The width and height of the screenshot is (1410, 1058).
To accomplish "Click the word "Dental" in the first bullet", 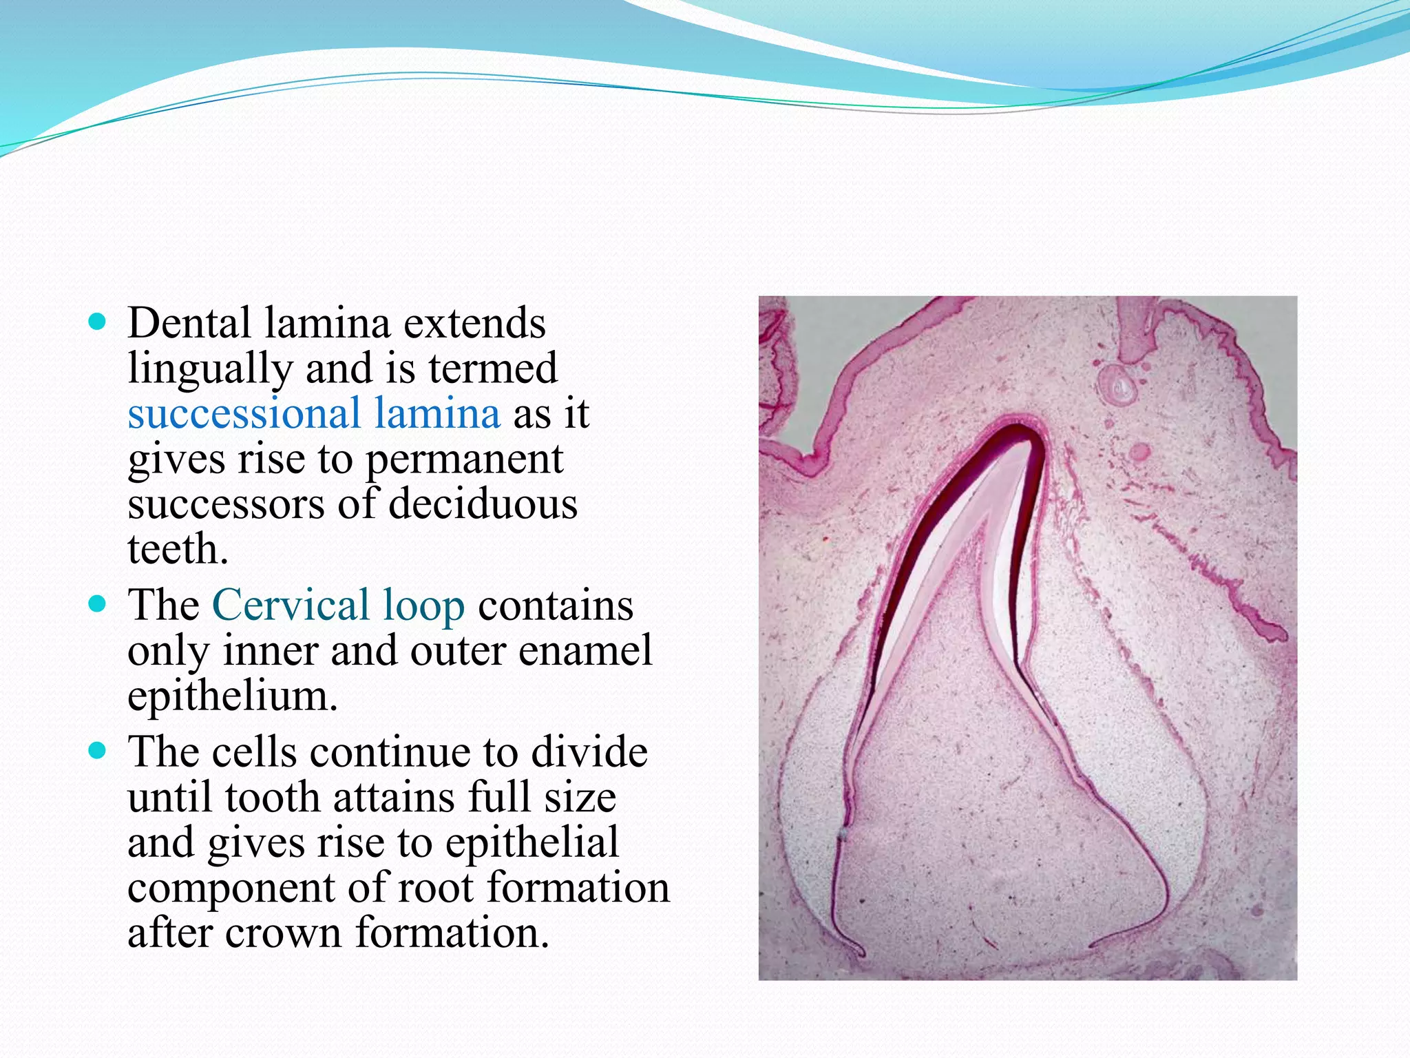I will click(189, 324).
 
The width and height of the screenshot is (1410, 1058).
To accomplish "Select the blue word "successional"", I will click(244, 415).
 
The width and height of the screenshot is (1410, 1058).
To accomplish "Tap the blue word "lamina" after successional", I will click(437, 413).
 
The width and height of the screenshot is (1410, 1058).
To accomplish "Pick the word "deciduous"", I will click(483, 504).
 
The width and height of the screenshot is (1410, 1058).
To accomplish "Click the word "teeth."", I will click(178, 550).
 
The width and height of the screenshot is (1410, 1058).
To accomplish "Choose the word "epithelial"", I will click(532, 843).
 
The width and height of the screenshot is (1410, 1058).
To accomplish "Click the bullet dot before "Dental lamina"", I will click(98, 322).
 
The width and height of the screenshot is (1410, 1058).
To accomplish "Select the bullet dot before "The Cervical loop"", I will click(98, 605).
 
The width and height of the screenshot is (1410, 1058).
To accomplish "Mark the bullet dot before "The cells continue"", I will click(98, 751).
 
